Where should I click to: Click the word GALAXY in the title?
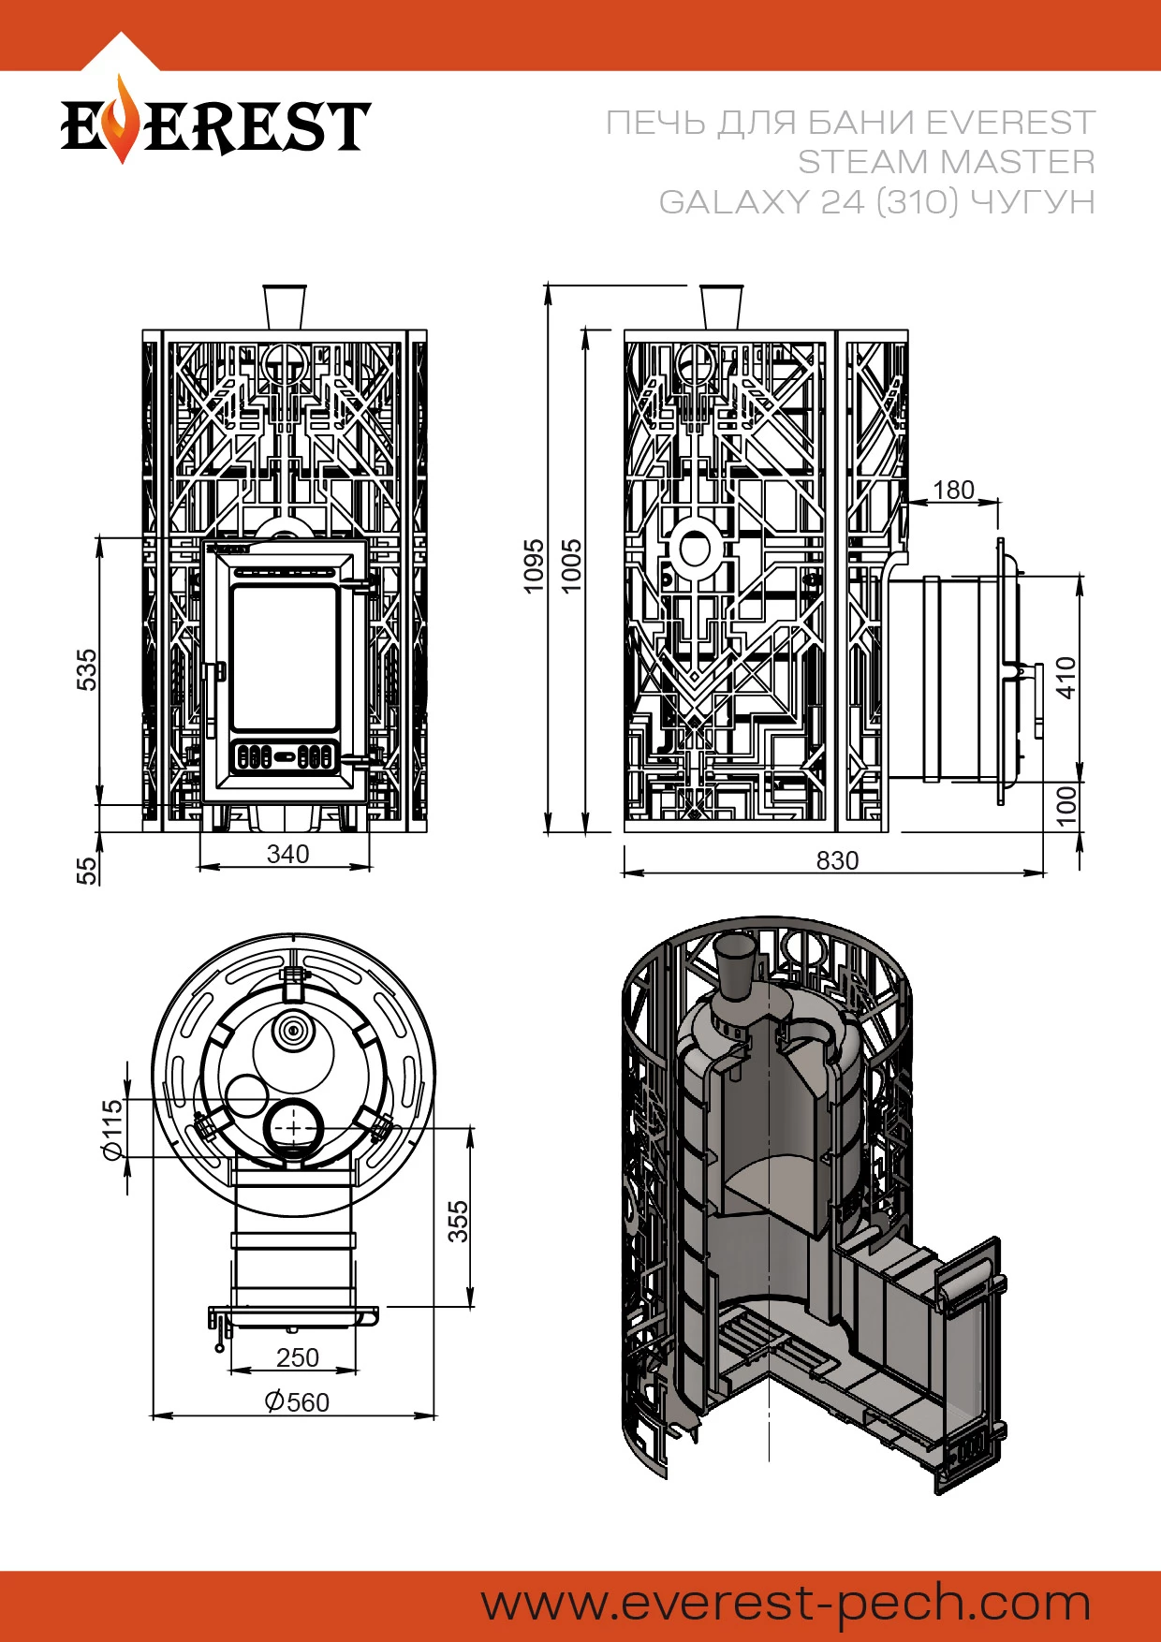coord(733,202)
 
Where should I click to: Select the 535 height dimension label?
coord(86,669)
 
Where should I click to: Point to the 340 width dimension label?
coord(287,854)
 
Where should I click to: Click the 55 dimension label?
coord(86,871)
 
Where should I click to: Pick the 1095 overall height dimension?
coord(534,565)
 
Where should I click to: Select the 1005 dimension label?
coord(571,565)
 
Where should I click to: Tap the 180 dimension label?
coord(953,490)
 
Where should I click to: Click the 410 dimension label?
coord(1065,678)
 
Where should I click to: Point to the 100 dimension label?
coord(1065,806)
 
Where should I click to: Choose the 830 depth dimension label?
coord(837,860)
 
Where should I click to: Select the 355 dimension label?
coord(458,1222)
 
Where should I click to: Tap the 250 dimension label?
coord(298,1356)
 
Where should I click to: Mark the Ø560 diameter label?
coord(297,1401)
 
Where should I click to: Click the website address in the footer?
coord(786,1603)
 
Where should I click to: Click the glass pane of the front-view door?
coord(285,657)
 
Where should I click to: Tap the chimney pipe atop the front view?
coord(285,306)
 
